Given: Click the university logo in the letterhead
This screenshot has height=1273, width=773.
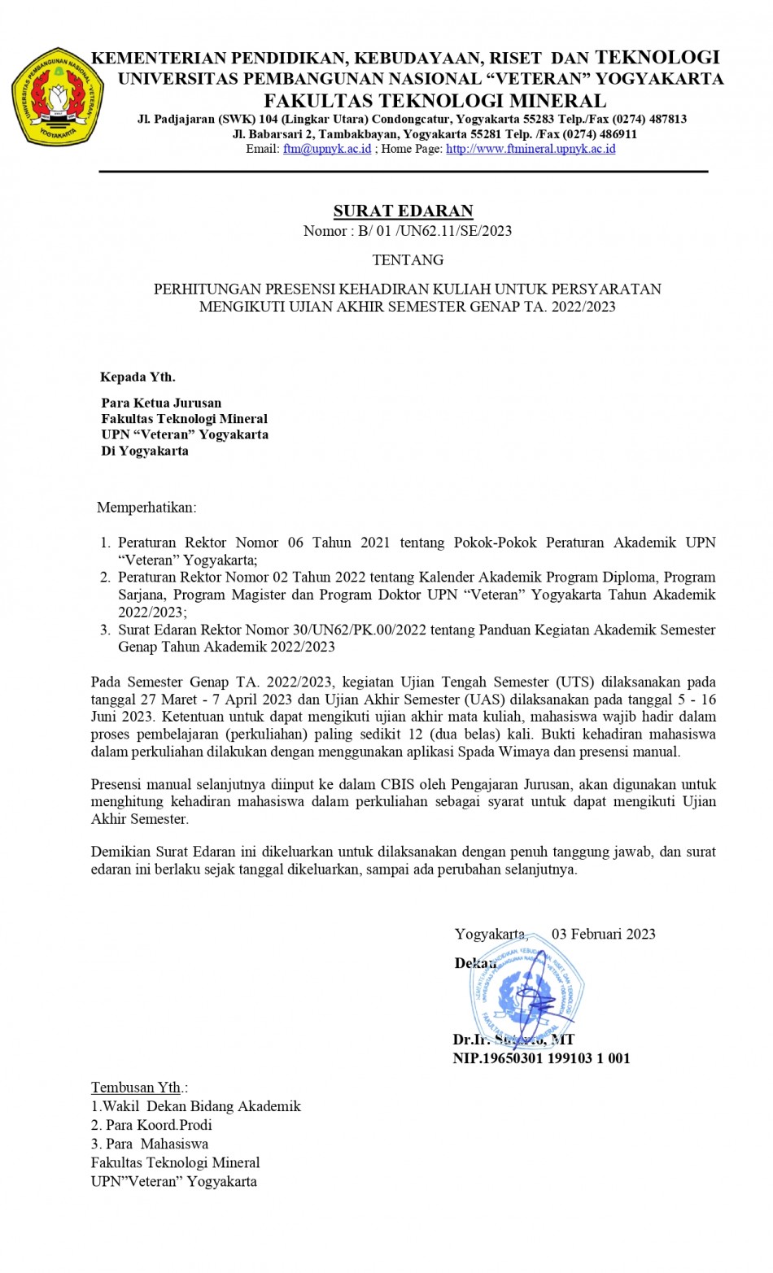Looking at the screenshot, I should click(x=57, y=97).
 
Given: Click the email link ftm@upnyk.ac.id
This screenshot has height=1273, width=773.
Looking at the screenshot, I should click(x=327, y=149).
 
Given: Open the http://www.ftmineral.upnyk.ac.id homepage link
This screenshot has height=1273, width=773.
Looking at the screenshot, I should click(x=531, y=149).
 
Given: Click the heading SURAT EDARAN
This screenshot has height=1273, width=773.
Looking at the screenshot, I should click(x=403, y=211).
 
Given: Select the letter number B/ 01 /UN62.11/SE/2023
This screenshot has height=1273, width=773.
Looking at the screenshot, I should click(x=435, y=231).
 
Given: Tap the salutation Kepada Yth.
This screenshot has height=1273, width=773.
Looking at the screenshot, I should click(x=138, y=377).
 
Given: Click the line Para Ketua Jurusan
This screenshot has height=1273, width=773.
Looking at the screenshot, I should click(x=161, y=403).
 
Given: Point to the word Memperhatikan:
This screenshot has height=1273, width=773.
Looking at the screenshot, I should click(x=146, y=508).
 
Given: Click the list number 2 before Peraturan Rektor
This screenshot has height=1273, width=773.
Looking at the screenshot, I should click(x=105, y=578).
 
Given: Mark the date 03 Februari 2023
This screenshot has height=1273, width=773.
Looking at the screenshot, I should click(x=603, y=934).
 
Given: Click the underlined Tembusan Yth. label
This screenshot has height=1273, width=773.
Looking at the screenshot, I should click(x=137, y=1088).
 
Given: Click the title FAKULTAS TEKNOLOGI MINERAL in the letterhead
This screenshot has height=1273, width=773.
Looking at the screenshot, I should click(x=435, y=101).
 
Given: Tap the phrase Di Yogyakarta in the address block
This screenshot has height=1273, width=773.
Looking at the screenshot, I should click(x=145, y=451).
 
